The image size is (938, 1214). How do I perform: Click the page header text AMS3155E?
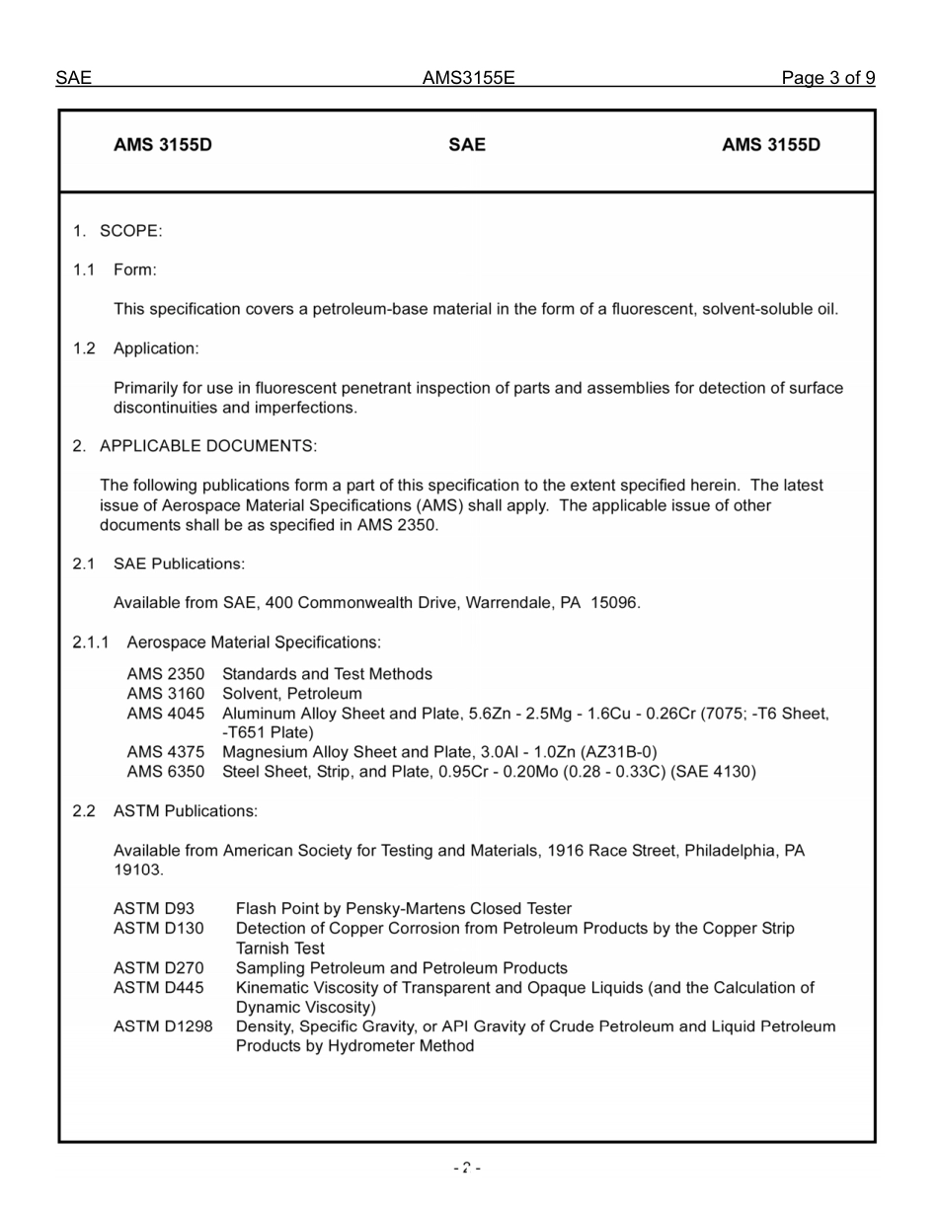pyautogui.click(x=468, y=78)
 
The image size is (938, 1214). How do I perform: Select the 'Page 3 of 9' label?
pyautogui.click(x=827, y=78)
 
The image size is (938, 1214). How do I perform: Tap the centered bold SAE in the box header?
pyautogui.click(x=467, y=145)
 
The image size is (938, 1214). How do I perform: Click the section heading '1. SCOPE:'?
pyautogui.click(x=117, y=231)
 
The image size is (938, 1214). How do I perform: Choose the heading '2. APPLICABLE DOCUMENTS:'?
pyautogui.click(x=195, y=446)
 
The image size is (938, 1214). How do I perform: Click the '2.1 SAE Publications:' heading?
pyautogui.click(x=158, y=564)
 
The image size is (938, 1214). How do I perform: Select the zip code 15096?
pyautogui.click(x=615, y=603)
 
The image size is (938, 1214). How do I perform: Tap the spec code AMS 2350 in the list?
pyautogui.click(x=166, y=674)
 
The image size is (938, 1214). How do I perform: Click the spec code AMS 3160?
pyautogui.click(x=166, y=694)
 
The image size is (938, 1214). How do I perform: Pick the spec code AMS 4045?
pyautogui.click(x=166, y=714)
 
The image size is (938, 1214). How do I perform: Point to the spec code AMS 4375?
pyautogui.click(x=166, y=752)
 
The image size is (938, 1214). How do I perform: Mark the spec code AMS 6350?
pyautogui.click(x=166, y=772)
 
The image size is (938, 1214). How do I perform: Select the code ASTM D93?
pyautogui.click(x=154, y=909)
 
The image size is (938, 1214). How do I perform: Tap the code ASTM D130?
pyautogui.click(x=158, y=929)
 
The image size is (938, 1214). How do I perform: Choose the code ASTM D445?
pyautogui.click(x=158, y=988)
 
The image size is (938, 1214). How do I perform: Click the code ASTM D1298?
pyautogui.click(x=163, y=1026)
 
